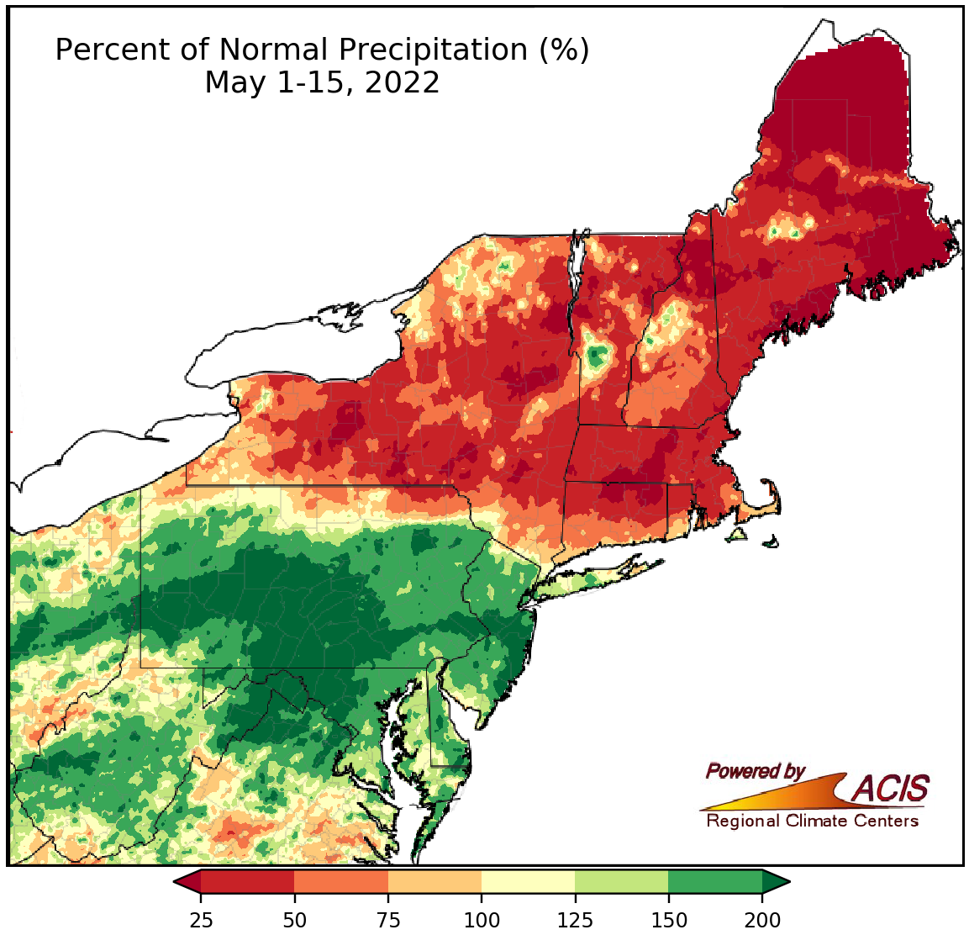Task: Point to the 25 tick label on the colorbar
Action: [x=201, y=919]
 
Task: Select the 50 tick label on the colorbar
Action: [x=294, y=919]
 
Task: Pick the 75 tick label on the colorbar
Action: [x=388, y=919]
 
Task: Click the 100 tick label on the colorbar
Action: [x=482, y=919]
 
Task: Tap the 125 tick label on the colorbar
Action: [x=575, y=919]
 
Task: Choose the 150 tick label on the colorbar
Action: [x=668, y=919]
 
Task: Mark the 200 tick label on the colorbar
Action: [x=762, y=919]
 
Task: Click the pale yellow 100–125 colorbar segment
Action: [x=528, y=881]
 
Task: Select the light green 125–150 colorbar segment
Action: [x=621, y=881]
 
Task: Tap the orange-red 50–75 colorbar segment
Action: [x=341, y=881]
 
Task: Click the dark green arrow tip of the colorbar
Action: [x=776, y=881]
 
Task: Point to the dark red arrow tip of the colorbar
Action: [x=187, y=881]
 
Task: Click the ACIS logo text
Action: [x=891, y=789]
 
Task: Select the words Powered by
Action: [x=755, y=771]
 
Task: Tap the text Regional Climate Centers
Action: [x=812, y=821]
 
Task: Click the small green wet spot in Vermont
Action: [x=597, y=358]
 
